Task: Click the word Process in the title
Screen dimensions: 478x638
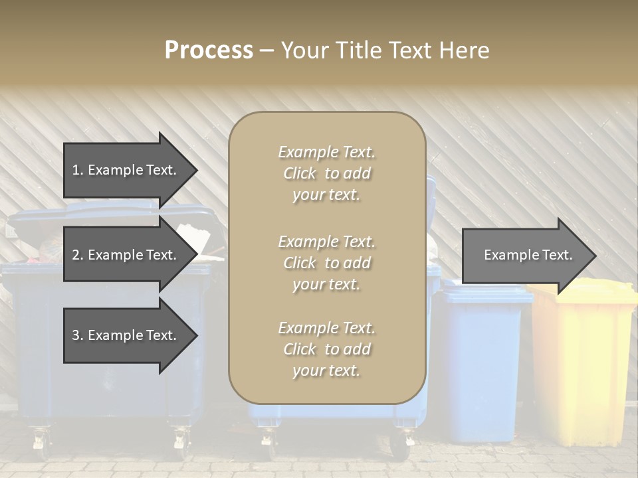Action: (x=209, y=50)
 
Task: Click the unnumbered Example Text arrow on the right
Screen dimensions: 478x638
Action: (x=528, y=255)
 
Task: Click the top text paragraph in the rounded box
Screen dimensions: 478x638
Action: (x=326, y=173)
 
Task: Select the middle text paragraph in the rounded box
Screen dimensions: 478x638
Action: (x=326, y=263)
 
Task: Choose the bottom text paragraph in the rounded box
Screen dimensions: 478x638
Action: (x=326, y=349)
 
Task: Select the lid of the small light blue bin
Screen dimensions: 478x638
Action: (x=485, y=294)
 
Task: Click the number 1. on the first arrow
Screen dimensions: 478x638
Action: (x=77, y=170)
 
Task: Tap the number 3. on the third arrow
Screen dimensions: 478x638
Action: (x=77, y=335)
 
